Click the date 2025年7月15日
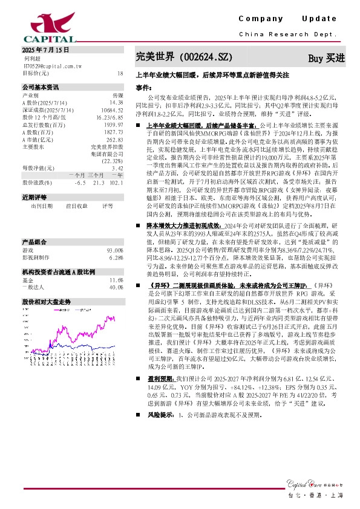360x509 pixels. point(45,50)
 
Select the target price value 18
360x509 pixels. point(119,73)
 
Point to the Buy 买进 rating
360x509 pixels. point(326,58)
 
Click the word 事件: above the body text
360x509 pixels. point(143,88)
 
